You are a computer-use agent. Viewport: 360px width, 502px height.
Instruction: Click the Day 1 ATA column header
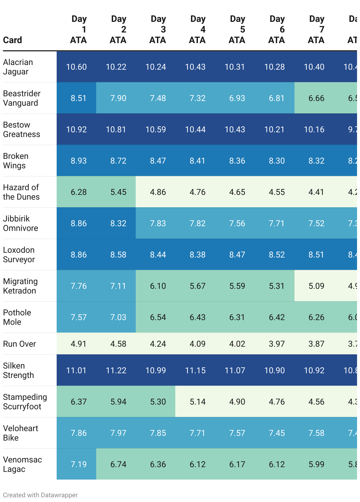pyautogui.click(x=78, y=30)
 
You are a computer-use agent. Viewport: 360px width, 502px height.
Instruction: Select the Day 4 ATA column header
pyautogui.click(x=197, y=30)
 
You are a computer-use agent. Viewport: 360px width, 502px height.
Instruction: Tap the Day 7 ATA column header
pyautogui.click(x=316, y=30)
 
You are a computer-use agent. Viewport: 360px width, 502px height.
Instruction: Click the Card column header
pyautogui.click(x=13, y=40)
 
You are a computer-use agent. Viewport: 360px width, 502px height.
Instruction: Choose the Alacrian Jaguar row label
pyautogui.click(x=18, y=67)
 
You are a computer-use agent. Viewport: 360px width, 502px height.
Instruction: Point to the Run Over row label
pyautogui.click(x=19, y=344)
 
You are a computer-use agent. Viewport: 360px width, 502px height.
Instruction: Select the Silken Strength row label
pyautogui.click(x=18, y=371)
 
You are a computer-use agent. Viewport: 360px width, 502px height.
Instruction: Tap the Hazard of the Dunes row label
pyautogui.click(x=21, y=192)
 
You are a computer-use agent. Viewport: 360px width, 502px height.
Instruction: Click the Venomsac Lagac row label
pyautogui.click(x=22, y=464)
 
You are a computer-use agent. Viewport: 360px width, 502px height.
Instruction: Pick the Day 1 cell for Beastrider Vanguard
pyautogui.click(x=78, y=98)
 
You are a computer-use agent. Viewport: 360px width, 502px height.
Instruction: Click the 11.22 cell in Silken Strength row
pyautogui.click(x=116, y=371)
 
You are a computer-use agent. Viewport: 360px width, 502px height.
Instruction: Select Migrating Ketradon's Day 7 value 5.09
pyautogui.click(x=316, y=286)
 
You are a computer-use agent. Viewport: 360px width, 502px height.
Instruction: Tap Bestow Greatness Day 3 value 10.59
pyautogui.click(x=156, y=130)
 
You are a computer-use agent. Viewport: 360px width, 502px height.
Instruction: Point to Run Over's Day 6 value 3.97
pyautogui.click(x=277, y=344)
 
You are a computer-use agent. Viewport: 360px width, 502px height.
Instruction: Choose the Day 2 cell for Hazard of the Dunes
pyautogui.click(x=118, y=192)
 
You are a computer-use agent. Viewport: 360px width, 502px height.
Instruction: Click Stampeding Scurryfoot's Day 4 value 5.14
pyautogui.click(x=197, y=402)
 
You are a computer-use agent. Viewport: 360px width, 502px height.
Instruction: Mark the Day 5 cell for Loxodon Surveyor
pyautogui.click(x=237, y=255)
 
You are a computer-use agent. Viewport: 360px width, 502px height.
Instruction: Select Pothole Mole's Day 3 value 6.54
pyautogui.click(x=158, y=317)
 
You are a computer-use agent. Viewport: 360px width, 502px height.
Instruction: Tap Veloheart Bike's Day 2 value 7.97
pyautogui.click(x=118, y=433)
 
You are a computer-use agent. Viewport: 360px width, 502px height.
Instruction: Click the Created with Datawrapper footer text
pyautogui.click(x=40, y=495)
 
